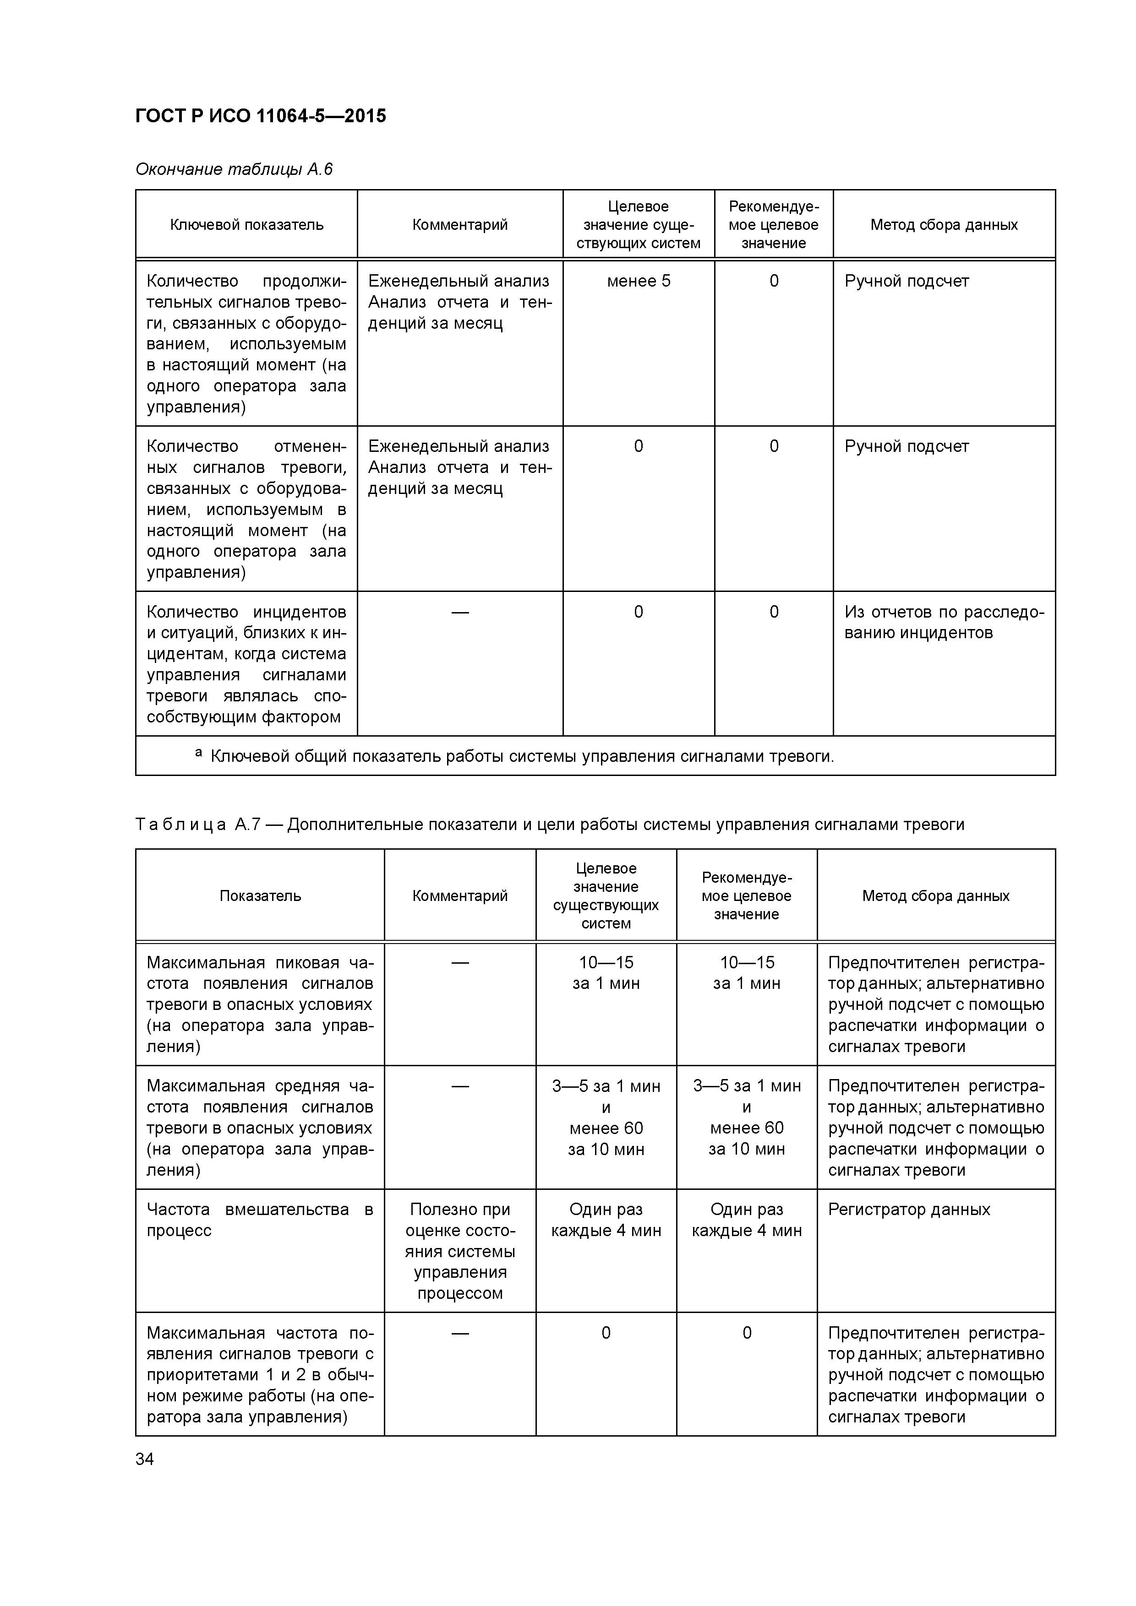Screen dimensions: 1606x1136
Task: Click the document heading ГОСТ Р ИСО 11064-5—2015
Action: click(260, 116)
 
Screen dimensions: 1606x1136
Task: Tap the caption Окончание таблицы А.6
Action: click(234, 169)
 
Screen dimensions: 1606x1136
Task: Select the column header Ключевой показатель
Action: click(246, 224)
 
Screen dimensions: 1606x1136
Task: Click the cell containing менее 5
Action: click(639, 281)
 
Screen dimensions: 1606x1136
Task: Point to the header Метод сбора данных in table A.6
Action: click(944, 224)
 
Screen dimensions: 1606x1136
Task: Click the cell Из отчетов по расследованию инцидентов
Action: click(944, 623)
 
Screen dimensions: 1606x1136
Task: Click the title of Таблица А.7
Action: click(550, 825)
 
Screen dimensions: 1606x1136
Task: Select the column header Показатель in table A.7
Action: click(260, 896)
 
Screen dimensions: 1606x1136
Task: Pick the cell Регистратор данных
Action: click(908, 1210)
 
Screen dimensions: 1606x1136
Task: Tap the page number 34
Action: click(145, 1459)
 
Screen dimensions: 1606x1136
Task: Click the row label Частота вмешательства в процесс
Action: click(260, 1220)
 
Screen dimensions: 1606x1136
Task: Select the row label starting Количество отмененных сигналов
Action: click(246, 509)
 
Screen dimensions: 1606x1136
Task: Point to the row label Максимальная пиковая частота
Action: click(260, 1004)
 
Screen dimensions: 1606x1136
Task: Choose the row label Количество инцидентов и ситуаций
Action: click(246, 664)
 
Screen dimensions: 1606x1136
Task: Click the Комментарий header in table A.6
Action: click(460, 224)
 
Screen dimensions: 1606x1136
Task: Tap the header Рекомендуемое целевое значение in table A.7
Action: click(746, 896)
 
